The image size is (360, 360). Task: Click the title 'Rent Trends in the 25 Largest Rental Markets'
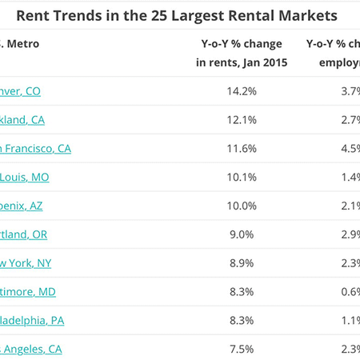pos(177,15)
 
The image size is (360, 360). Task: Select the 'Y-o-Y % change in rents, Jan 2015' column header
pos(241,52)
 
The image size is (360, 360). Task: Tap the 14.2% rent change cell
pos(241,91)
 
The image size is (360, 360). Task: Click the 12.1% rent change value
pos(241,120)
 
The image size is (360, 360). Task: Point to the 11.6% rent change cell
pos(241,149)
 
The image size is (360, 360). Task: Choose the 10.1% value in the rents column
pos(241,177)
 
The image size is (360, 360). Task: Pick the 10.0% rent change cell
pos(241,206)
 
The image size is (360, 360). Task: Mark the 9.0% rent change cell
pos(241,234)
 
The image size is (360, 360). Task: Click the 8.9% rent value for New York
pos(241,263)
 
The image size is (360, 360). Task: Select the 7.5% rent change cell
pos(241,349)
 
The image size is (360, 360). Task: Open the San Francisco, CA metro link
pos(36,149)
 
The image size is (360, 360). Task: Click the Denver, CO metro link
pos(21,91)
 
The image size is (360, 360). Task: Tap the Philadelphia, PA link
pos(32,320)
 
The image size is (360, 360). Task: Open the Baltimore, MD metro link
pos(28,292)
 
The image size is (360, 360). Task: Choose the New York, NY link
pos(26,263)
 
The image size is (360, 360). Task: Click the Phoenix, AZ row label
pos(22,206)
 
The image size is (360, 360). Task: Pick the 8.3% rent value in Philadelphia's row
pos(241,320)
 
